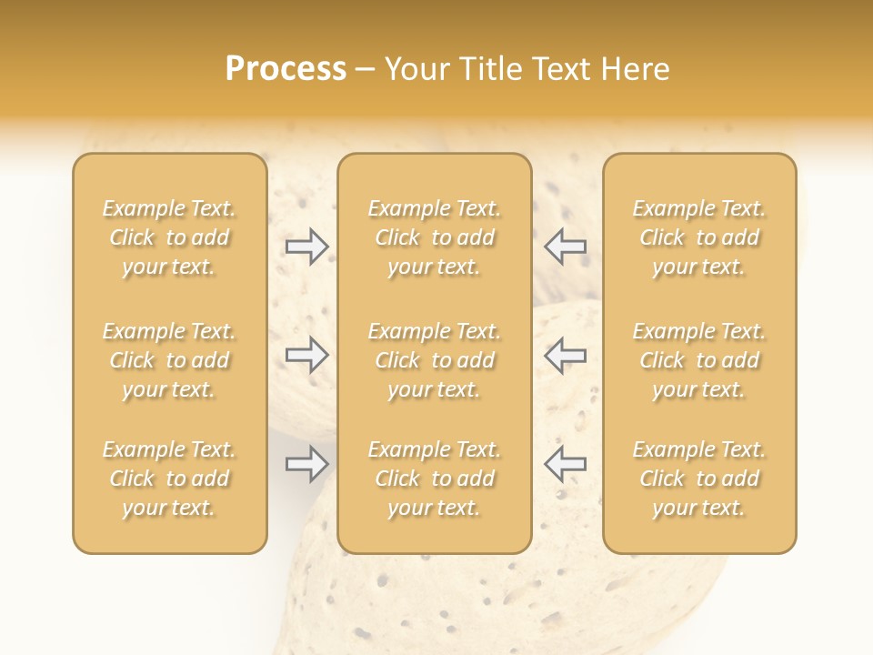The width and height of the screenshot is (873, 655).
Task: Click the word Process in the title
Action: [x=286, y=69]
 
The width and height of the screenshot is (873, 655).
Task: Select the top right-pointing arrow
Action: [x=306, y=247]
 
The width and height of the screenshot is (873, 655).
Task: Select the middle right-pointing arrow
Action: [x=306, y=355]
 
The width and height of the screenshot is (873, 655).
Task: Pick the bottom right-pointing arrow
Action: [x=306, y=464]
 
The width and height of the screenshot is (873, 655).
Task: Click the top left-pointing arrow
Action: [x=565, y=247]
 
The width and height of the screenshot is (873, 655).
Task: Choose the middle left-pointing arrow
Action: [x=565, y=355]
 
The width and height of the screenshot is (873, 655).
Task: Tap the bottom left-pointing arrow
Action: [x=565, y=464]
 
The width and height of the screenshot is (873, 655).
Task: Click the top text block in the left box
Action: [x=169, y=237]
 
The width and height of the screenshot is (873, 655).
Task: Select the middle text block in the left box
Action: [x=169, y=360]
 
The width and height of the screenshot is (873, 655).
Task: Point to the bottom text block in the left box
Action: [x=169, y=479]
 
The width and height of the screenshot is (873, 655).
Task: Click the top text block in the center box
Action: [x=435, y=237]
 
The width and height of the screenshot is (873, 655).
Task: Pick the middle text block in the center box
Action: [x=435, y=360]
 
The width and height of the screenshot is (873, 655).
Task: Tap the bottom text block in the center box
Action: [x=435, y=479]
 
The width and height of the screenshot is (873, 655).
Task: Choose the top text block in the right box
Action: [x=699, y=237]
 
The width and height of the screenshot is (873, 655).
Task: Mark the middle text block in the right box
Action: [x=699, y=360]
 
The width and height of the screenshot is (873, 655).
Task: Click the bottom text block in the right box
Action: [x=699, y=479]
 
